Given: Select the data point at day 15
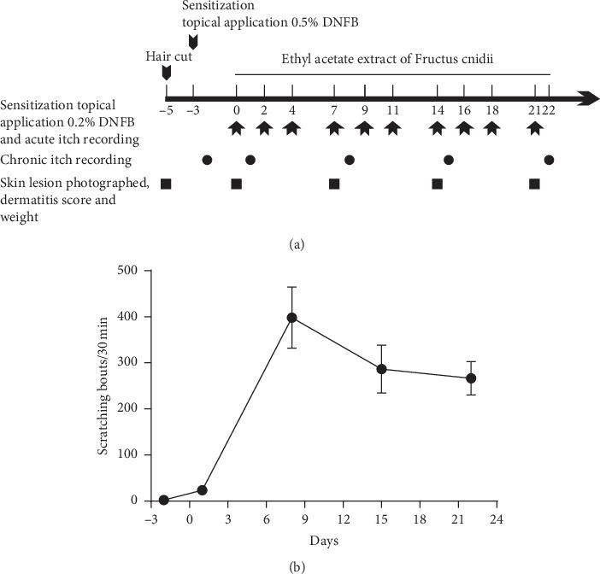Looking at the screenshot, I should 382,369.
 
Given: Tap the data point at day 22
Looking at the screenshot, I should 471,378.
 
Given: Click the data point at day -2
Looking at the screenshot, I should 164,500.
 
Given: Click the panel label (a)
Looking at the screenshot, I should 297,244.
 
